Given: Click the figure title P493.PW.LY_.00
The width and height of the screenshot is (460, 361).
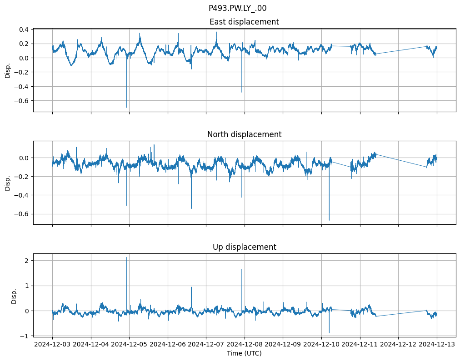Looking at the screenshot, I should (x=237, y=8).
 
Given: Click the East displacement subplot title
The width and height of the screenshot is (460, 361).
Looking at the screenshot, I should (x=244, y=22).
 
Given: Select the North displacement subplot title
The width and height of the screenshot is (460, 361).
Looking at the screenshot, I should (x=244, y=134).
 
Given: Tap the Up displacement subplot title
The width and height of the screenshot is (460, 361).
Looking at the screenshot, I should (x=244, y=247).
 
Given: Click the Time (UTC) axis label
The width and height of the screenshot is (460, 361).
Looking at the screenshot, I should (x=244, y=353).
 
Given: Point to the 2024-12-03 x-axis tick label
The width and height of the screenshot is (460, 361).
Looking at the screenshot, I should (x=52, y=345).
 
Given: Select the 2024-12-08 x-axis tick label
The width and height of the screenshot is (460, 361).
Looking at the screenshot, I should (x=245, y=345).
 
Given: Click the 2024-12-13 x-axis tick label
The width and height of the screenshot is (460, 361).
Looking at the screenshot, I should (x=437, y=345).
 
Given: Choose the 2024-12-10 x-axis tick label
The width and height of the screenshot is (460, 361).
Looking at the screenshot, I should (x=321, y=345).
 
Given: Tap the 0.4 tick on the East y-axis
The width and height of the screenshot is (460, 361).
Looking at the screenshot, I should (x=23, y=30).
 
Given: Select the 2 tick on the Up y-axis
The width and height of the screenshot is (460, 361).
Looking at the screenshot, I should (x=27, y=260).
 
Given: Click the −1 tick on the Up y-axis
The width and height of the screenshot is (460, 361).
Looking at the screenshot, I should (x=25, y=336).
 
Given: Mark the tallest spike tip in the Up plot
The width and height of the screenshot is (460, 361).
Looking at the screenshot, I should (x=126, y=257).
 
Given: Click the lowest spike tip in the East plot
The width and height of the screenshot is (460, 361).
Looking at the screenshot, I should (x=126, y=107).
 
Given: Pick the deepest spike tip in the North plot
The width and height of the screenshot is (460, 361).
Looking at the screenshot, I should (x=329, y=220).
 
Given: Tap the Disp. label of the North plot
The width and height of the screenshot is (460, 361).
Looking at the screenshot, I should (x=8, y=183).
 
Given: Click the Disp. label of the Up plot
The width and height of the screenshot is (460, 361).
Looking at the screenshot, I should (x=14, y=295).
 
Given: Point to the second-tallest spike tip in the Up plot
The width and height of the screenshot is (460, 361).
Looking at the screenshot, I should (x=241, y=269).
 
